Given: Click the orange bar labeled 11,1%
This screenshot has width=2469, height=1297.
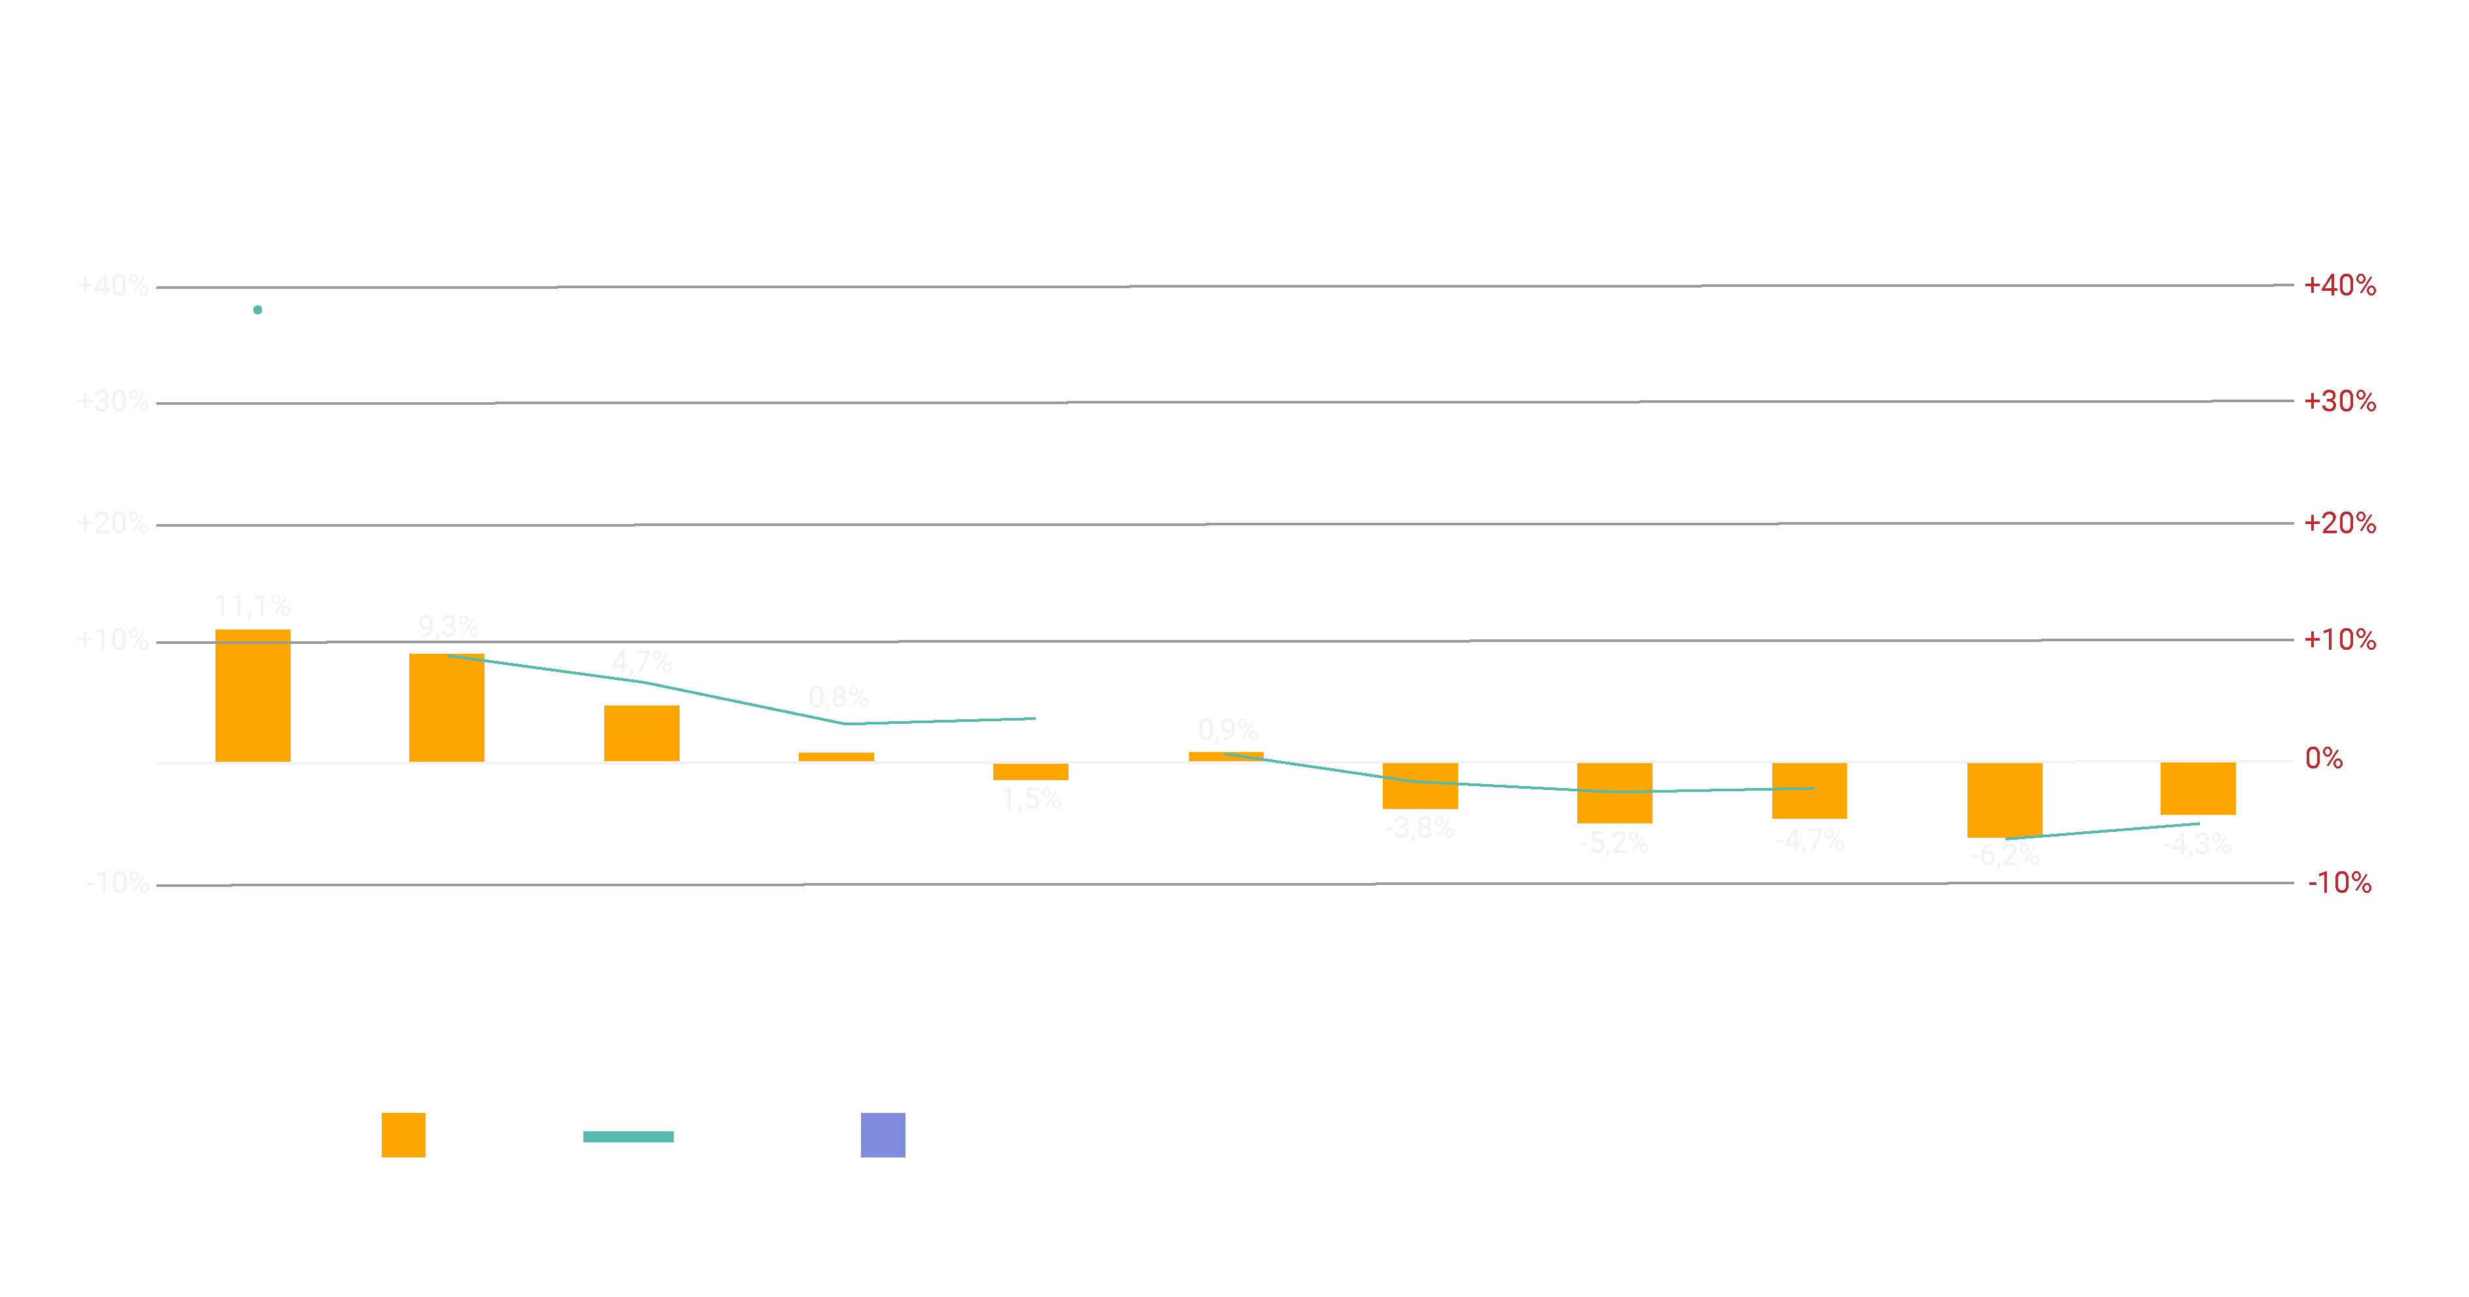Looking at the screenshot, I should (x=252, y=695).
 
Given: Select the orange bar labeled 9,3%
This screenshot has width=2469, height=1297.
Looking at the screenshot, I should (x=447, y=707).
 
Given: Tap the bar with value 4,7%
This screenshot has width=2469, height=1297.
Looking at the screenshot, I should (x=641, y=734).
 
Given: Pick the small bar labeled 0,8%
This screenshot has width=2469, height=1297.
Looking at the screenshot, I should (x=836, y=757).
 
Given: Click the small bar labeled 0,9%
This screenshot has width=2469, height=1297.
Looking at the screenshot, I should (x=1226, y=757).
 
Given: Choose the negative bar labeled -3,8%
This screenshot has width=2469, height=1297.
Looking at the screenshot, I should (x=1419, y=785).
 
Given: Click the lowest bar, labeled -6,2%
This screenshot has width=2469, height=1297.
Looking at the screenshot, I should (x=2004, y=799).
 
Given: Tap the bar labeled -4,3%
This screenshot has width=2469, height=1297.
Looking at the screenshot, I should (x=2198, y=788).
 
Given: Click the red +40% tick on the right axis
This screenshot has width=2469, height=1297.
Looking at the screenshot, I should (x=2339, y=286).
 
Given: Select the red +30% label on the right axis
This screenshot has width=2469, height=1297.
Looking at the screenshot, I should (x=2339, y=402).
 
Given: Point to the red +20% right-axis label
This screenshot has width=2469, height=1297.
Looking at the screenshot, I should (x=2339, y=523).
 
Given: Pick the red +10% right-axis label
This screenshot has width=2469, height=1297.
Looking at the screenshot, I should (x=2339, y=641).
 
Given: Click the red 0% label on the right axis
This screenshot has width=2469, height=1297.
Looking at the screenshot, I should (x=2323, y=759).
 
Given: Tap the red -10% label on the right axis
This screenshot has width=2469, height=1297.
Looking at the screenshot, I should (x=2339, y=883).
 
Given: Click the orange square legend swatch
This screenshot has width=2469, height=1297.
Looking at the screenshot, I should (x=403, y=1135).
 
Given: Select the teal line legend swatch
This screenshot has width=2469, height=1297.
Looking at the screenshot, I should (x=628, y=1137).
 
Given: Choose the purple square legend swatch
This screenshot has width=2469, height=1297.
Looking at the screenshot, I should (x=883, y=1135).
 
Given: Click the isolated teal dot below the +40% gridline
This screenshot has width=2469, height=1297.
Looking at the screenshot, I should (x=258, y=310).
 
